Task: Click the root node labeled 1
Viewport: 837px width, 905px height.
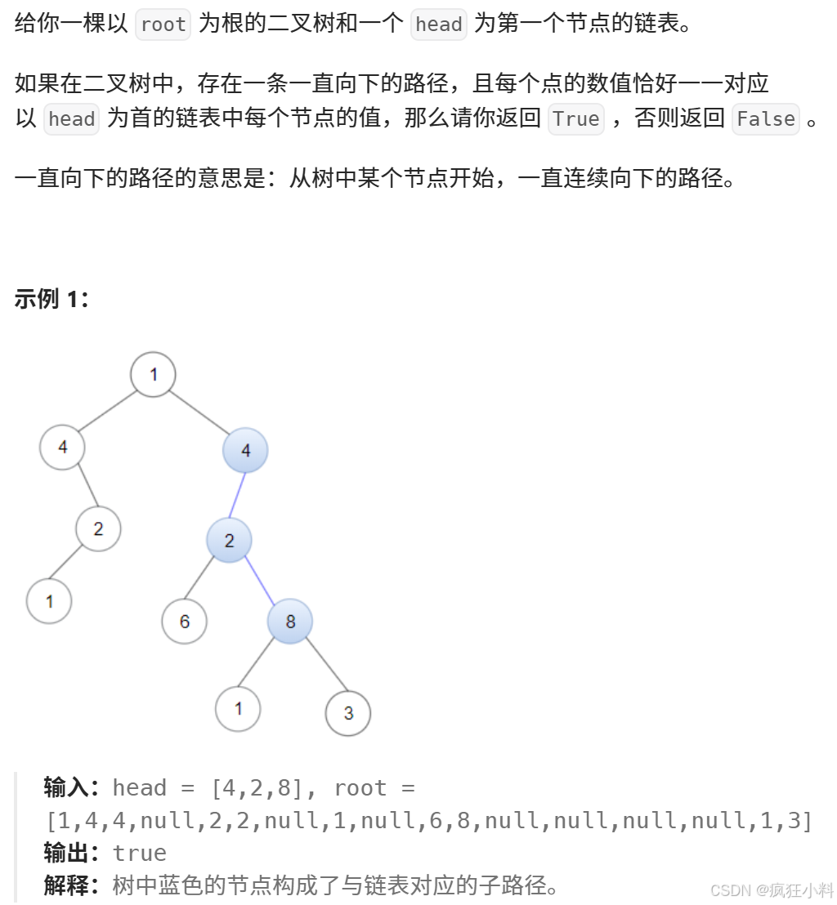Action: [153, 374]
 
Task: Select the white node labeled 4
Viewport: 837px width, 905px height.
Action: [63, 447]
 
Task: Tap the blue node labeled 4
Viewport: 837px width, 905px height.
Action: [245, 450]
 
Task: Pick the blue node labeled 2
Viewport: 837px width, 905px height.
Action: [229, 540]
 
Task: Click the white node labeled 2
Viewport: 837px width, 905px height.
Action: [98, 528]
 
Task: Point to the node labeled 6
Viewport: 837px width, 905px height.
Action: [184, 622]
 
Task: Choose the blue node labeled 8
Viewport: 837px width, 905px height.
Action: [290, 622]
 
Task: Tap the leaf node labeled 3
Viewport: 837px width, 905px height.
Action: [348, 713]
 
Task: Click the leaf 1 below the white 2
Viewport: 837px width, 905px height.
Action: [49, 601]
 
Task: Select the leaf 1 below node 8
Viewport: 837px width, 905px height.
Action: [238, 708]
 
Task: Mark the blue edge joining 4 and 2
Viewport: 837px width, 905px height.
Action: [237, 495]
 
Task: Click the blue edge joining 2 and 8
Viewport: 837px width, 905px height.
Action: [259, 581]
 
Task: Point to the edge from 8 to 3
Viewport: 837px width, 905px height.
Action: [320, 667]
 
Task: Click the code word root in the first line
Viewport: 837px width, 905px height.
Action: [163, 25]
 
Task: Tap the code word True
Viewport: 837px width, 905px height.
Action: [576, 119]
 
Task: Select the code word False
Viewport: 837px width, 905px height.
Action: [765, 119]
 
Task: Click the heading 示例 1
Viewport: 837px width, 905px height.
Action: [51, 299]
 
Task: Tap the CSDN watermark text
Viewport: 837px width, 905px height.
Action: [771, 889]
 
